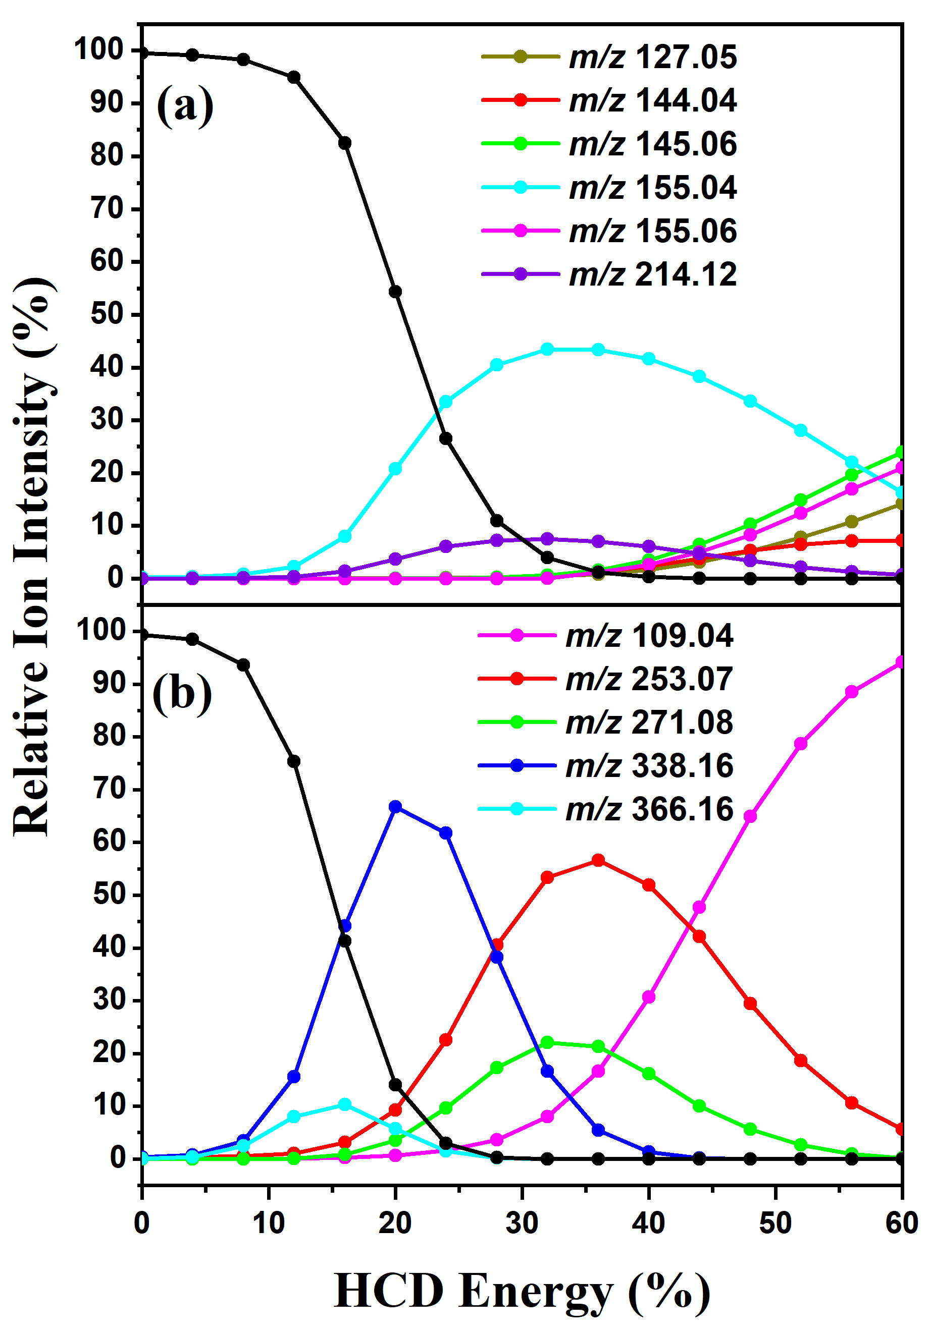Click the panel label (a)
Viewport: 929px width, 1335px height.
(x=185, y=104)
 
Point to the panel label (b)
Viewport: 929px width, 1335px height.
(x=181, y=693)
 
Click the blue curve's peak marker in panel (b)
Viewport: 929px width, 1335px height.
(x=395, y=806)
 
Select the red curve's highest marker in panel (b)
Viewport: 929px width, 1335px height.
(x=598, y=860)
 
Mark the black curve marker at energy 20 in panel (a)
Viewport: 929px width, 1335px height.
(x=395, y=291)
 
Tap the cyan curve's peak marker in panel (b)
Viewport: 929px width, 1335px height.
(x=344, y=1104)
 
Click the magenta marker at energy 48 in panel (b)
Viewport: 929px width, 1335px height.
(x=750, y=816)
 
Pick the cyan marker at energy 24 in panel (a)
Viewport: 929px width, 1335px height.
(x=446, y=402)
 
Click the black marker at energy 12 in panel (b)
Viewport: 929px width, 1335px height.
(x=294, y=761)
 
